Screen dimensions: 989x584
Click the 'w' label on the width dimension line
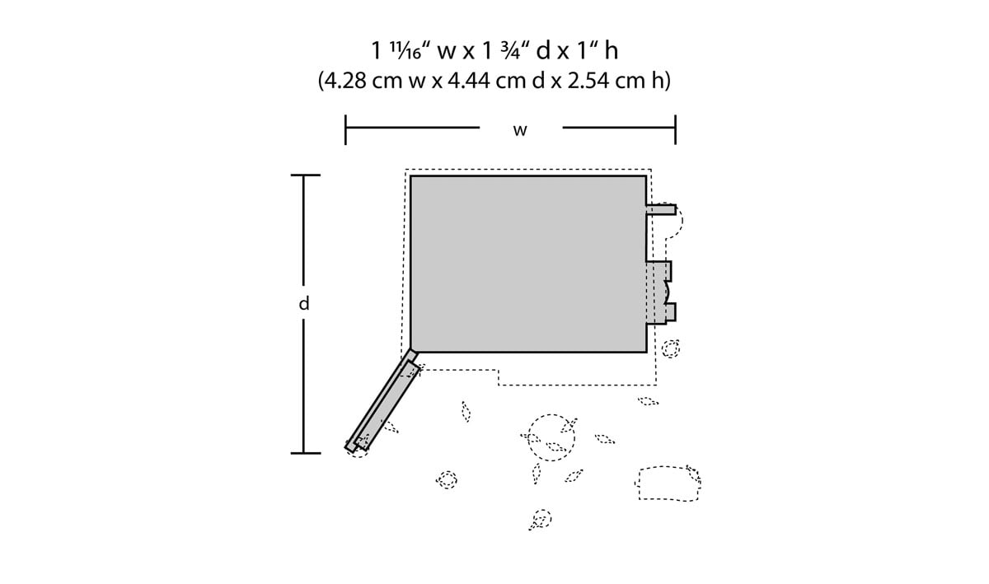tap(520, 130)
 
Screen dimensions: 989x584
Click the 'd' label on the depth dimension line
tap(304, 303)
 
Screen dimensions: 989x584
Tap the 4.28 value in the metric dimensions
tap(347, 81)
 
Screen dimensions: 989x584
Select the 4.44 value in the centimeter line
tap(468, 81)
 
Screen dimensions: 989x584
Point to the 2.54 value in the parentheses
tap(588, 81)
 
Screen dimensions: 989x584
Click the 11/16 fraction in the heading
tap(404, 49)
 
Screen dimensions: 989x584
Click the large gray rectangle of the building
tap(528, 264)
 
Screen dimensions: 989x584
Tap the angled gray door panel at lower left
tap(382, 401)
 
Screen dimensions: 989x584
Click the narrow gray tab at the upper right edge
tap(661, 209)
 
